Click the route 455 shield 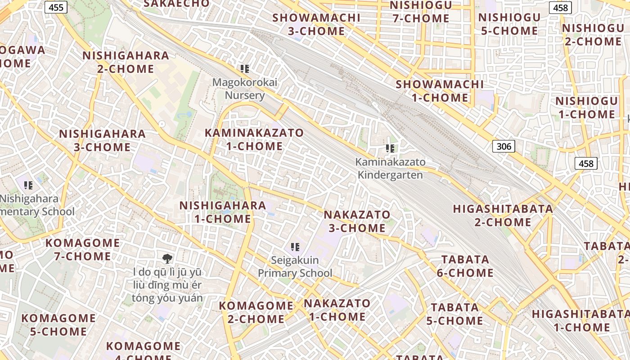pyautogui.click(x=56, y=7)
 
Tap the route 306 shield pyautogui.click(x=504, y=146)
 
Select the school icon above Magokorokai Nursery pyautogui.click(x=245, y=69)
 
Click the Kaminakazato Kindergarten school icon pyautogui.click(x=390, y=148)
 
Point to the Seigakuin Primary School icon pyautogui.click(x=295, y=247)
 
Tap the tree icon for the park pyautogui.click(x=167, y=258)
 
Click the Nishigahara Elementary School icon pyautogui.click(x=28, y=185)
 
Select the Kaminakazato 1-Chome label pyautogui.click(x=254, y=139)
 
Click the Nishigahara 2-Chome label pyautogui.click(x=126, y=62)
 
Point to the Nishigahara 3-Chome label pyautogui.click(x=102, y=140)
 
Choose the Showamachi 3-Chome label pyautogui.click(x=316, y=24)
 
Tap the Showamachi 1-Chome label pyautogui.click(x=440, y=91)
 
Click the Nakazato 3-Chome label pyautogui.click(x=357, y=221)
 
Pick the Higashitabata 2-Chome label pyautogui.click(x=503, y=215)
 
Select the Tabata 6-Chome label pyautogui.click(x=465, y=266)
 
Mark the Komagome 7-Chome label pyautogui.click(x=82, y=249)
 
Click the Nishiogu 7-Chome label pyautogui.click(x=421, y=12)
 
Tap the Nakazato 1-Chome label pyautogui.click(x=337, y=310)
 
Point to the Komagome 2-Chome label pyautogui.click(x=256, y=312)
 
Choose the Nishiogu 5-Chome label pyautogui.click(x=509, y=24)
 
